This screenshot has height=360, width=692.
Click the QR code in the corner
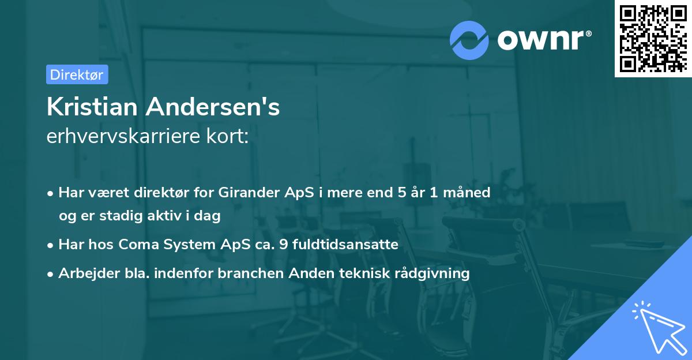click(x=653, y=38)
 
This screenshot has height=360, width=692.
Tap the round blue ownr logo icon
click(x=469, y=40)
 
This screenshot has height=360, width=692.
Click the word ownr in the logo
click(x=541, y=39)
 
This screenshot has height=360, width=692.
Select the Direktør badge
click(x=77, y=74)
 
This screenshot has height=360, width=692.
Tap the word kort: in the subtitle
click(x=230, y=137)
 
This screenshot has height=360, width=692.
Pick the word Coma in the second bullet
click(x=137, y=245)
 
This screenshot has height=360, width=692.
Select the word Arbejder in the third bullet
click(x=84, y=273)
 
